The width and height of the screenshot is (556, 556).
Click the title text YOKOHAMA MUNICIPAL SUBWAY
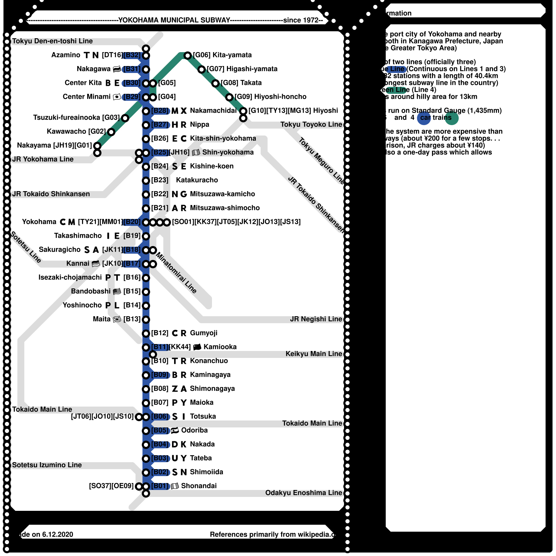tap(174, 20)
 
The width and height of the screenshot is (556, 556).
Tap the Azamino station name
tap(66, 55)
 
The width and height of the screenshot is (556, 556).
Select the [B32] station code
tap(132, 55)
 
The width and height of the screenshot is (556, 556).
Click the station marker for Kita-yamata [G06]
tap(188, 55)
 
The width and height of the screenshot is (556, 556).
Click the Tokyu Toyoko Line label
tap(311, 124)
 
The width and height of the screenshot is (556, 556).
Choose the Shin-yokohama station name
tap(228, 152)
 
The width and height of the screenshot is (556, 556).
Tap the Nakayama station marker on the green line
tap(97, 146)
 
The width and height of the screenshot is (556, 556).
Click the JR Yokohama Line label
tap(43, 159)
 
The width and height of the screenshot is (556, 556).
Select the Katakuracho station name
tap(197, 180)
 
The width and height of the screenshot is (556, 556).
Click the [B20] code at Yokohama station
tap(132, 222)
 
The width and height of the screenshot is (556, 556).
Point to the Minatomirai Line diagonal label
tap(176, 273)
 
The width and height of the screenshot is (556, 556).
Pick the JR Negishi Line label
tap(316, 319)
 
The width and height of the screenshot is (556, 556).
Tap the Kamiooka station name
tap(220, 347)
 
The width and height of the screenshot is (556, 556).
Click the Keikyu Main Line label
tap(314, 354)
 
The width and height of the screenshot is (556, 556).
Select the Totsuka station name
tap(203, 416)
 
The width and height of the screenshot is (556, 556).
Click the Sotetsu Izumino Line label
tap(47, 465)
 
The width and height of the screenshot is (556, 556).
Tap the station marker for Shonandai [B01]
tap(146, 486)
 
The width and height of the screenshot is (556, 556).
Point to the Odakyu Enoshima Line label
tap(303, 493)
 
